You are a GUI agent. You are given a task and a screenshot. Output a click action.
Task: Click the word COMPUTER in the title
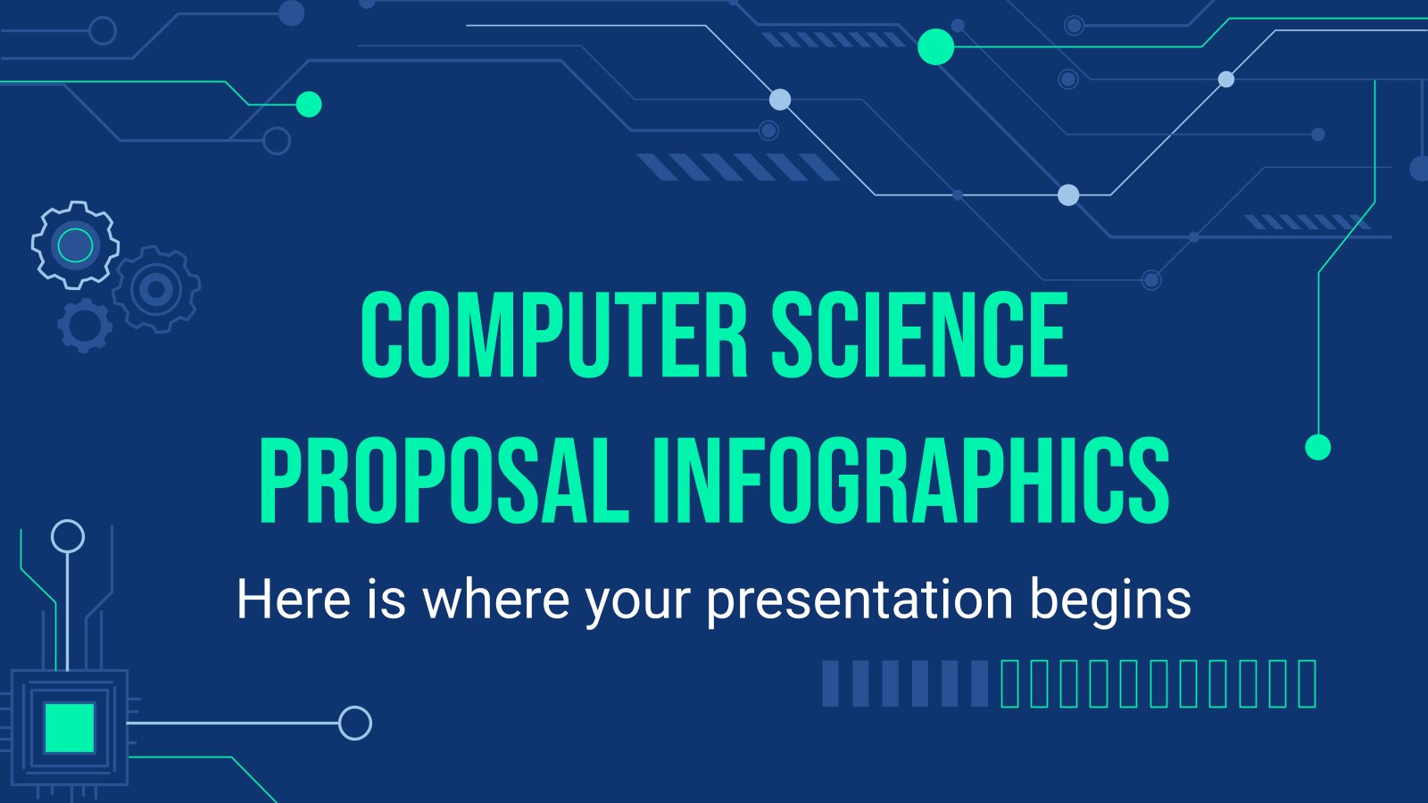click(554, 335)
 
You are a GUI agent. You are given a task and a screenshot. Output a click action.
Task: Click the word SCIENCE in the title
click(920, 335)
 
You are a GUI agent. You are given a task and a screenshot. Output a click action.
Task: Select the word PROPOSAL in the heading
click(444, 480)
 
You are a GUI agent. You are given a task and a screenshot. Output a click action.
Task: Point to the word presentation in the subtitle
click(860, 600)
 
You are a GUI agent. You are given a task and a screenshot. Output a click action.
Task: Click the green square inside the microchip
click(70, 728)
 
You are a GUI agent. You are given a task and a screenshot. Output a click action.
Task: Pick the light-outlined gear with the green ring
click(75, 244)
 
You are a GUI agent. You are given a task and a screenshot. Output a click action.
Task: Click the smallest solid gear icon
click(85, 326)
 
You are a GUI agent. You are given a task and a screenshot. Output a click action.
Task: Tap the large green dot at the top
click(935, 46)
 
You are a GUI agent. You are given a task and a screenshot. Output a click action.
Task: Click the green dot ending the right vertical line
click(1317, 447)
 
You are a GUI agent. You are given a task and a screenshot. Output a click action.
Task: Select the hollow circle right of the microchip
click(355, 723)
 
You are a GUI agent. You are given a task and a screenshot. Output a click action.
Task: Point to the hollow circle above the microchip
click(68, 536)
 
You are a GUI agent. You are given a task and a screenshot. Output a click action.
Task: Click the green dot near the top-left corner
click(309, 103)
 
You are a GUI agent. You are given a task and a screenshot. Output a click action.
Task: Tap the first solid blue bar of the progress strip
click(830, 683)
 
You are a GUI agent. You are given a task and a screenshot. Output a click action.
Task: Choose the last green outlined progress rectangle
click(1308, 683)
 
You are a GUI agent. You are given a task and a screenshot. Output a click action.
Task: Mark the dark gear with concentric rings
click(155, 289)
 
